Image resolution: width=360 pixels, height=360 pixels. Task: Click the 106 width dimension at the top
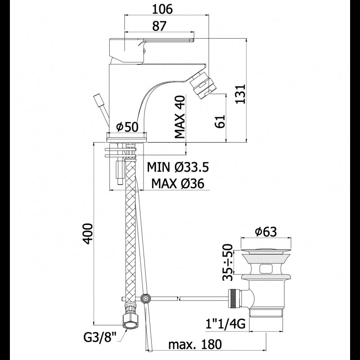(x=162, y=9)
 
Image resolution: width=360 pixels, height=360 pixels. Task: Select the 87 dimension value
(x=159, y=26)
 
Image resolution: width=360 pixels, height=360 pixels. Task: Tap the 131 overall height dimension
(x=241, y=94)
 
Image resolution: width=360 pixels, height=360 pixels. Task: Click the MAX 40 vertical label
(x=180, y=117)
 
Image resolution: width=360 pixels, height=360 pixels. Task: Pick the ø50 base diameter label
(x=127, y=127)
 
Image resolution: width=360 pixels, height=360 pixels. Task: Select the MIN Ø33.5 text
(x=178, y=167)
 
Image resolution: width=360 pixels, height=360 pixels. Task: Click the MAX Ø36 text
(x=178, y=184)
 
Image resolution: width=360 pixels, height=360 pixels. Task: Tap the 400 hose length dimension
(x=88, y=234)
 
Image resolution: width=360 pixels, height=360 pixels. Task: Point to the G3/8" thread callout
(x=99, y=338)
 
